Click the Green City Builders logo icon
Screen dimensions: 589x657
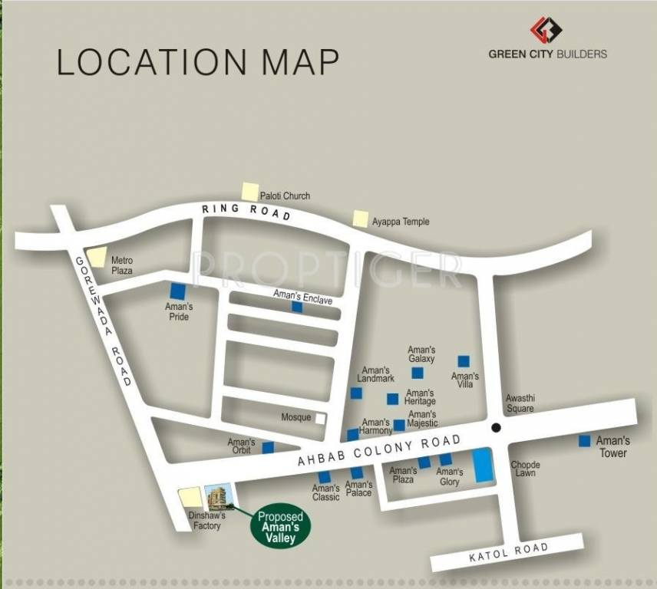click(546, 30)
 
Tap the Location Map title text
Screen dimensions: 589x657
click(198, 62)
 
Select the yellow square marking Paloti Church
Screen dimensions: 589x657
click(249, 192)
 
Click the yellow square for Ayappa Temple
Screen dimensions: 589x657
click(361, 219)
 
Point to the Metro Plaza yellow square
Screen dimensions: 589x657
click(97, 258)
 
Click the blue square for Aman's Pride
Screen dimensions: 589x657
click(178, 291)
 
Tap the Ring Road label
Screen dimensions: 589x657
click(246, 212)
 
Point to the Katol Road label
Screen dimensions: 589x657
click(509, 552)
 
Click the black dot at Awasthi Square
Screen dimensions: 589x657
click(496, 427)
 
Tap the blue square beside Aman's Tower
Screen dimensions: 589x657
click(584, 441)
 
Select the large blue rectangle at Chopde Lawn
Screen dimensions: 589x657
click(483, 465)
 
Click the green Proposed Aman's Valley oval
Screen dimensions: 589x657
click(280, 528)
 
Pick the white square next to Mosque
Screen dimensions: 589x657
click(320, 418)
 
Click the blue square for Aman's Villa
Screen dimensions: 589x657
click(464, 361)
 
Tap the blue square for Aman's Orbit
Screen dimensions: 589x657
click(268, 447)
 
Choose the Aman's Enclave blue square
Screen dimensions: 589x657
click(297, 307)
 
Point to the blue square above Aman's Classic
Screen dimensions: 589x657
click(325, 476)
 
